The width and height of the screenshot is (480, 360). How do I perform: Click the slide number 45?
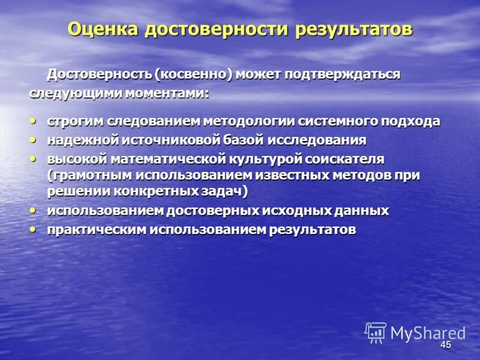(445, 345)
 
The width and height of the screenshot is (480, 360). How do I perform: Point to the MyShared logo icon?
(376, 332)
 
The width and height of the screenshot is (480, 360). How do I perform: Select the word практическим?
(97, 230)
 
